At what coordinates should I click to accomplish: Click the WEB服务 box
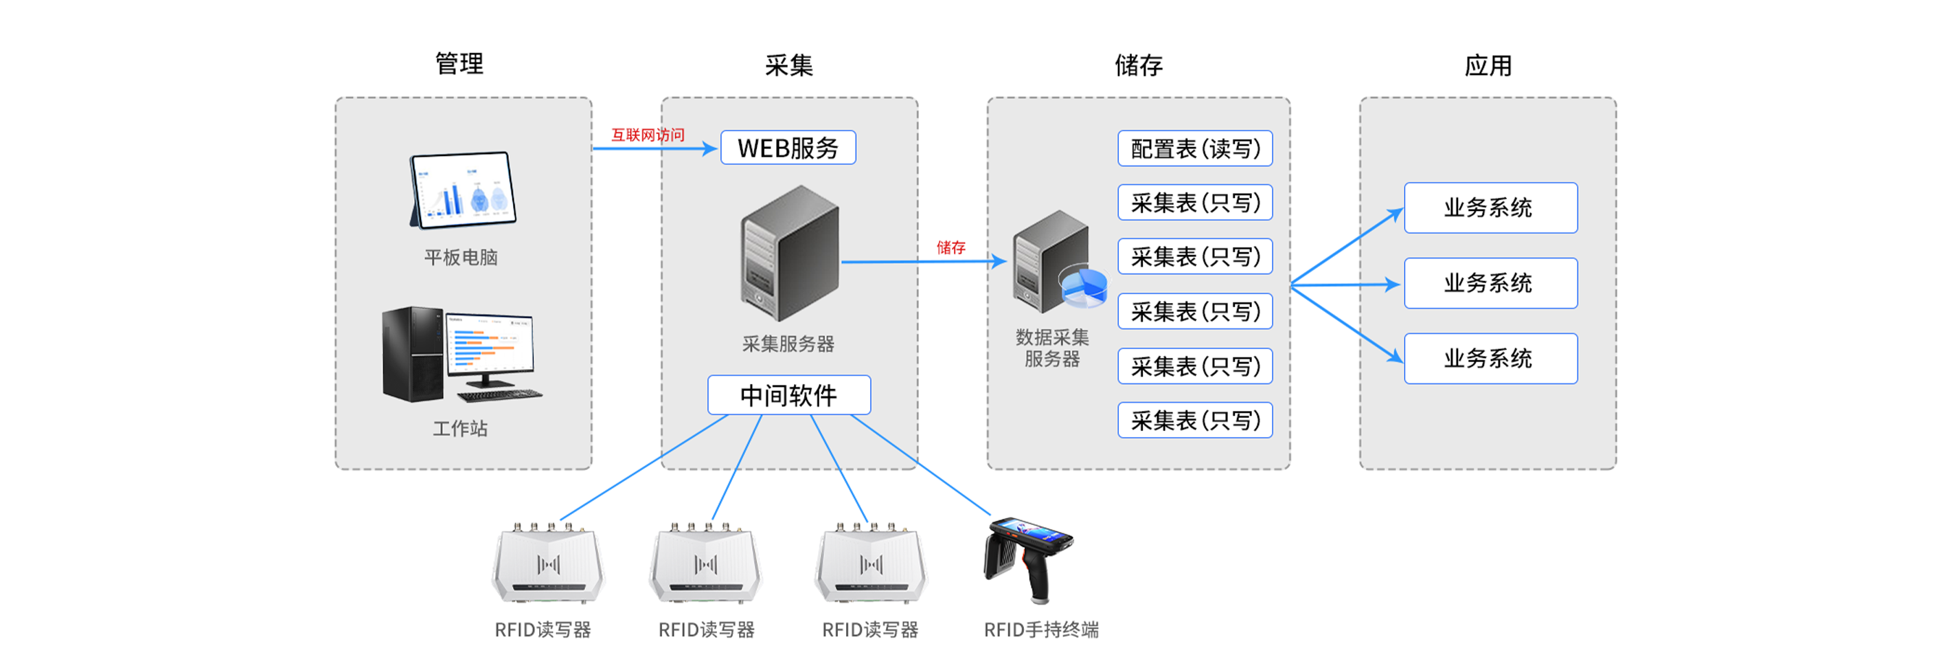788,147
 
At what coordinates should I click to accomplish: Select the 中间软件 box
788,394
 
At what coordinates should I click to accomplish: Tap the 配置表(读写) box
1194,148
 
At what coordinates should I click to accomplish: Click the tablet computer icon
462,190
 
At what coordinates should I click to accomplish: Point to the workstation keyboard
500,394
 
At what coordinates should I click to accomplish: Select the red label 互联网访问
647,135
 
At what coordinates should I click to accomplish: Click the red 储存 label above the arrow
950,247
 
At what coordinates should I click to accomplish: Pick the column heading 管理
459,64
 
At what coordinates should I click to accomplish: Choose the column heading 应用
1488,65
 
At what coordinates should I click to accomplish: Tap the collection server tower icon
789,254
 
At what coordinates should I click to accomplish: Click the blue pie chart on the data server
1083,287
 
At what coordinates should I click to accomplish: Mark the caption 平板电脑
461,257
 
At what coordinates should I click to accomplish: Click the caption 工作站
460,429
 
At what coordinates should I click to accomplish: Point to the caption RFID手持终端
1041,629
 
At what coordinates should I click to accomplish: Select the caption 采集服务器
788,344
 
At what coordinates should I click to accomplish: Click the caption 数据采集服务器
1052,348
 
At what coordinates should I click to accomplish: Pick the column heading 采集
788,65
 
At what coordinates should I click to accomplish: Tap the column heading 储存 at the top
1138,65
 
